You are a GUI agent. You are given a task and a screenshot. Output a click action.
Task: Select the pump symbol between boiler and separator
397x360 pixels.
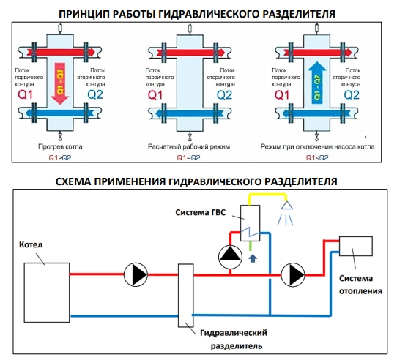point(136,274)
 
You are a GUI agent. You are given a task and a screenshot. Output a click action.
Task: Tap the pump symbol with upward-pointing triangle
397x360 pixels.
point(230,257)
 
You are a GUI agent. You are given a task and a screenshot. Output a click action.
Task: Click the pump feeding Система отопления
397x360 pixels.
point(293,274)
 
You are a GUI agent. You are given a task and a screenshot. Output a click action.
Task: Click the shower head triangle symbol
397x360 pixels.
point(287,205)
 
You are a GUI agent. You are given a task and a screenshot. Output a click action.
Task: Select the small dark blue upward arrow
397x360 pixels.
point(253,258)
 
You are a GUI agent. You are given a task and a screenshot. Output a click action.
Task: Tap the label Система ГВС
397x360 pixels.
point(200,212)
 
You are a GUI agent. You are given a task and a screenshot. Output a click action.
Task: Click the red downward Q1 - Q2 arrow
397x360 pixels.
point(60,83)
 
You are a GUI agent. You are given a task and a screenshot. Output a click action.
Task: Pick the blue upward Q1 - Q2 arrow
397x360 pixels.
point(317,83)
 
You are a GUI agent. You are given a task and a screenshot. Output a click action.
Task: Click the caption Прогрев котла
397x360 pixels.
point(60,146)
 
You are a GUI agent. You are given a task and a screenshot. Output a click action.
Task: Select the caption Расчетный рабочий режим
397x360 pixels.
point(189,146)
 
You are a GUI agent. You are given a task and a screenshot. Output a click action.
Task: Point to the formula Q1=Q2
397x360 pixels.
point(189,158)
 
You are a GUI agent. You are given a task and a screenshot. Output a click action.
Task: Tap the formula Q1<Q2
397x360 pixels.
point(317,158)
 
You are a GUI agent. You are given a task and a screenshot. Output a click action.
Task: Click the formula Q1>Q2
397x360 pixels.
point(60,158)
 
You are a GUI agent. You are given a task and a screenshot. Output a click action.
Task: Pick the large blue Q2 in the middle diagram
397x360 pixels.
point(224,95)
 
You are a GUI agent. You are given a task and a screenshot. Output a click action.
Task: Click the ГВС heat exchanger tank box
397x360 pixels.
point(251,223)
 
